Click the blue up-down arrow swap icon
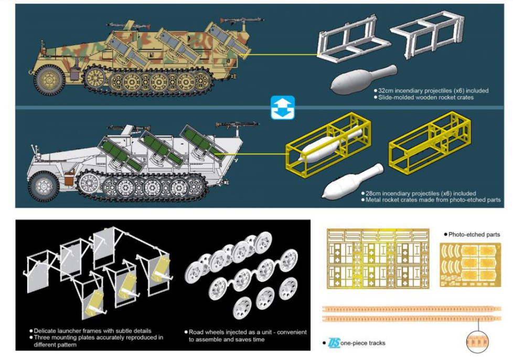(x=283, y=108)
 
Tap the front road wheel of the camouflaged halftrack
(x=49, y=80)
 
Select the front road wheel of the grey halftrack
(x=44, y=186)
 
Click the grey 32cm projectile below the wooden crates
(x=364, y=79)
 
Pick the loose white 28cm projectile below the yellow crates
(x=352, y=181)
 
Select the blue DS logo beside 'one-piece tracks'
(x=334, y=343)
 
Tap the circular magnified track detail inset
(x=477, y=342)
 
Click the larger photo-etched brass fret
(x=378, y=259)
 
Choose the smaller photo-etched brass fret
(x=470, y=265)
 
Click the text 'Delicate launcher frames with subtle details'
(x=93, y=331)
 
